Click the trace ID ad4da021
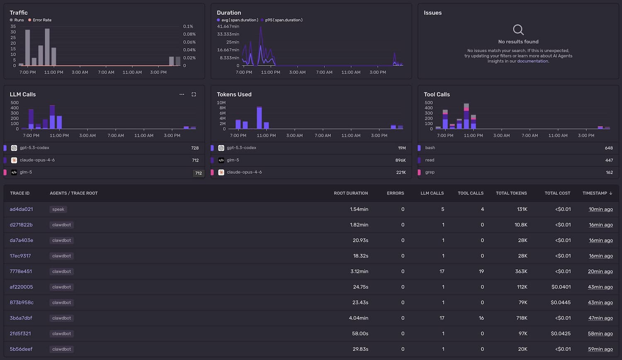pos(21,209)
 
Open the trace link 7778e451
pos(21,272)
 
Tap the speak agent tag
pos(58,209)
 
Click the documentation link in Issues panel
pos(532,61)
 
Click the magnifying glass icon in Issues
pos(518,30)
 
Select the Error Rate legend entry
pos(42,20)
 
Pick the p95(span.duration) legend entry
pos(284,20)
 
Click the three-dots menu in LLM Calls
pos(182,95)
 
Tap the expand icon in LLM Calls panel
pos(194,95)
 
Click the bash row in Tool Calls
pos(430,148)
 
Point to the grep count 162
pos(609,173)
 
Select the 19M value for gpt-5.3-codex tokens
pos(401,148)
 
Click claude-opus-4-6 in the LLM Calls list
pos(37,160)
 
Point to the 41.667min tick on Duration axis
pos(228,27)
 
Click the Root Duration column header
pos(351,193)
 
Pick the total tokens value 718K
pos(522,318)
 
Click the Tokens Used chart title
pos(234,95)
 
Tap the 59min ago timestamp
pos(600,349)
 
